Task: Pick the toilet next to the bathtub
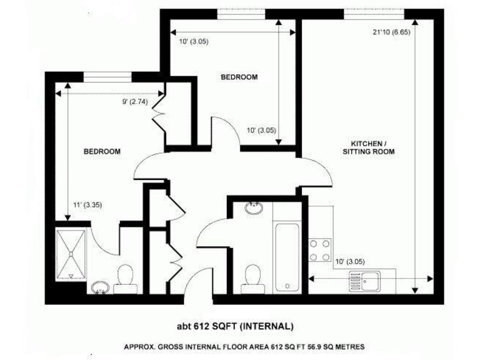click(253, 276)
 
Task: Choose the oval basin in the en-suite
click(100, 289)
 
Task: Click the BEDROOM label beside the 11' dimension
click(102, 151)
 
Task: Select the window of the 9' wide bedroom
click(107, 77)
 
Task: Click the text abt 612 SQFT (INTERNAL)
click(236, 326)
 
